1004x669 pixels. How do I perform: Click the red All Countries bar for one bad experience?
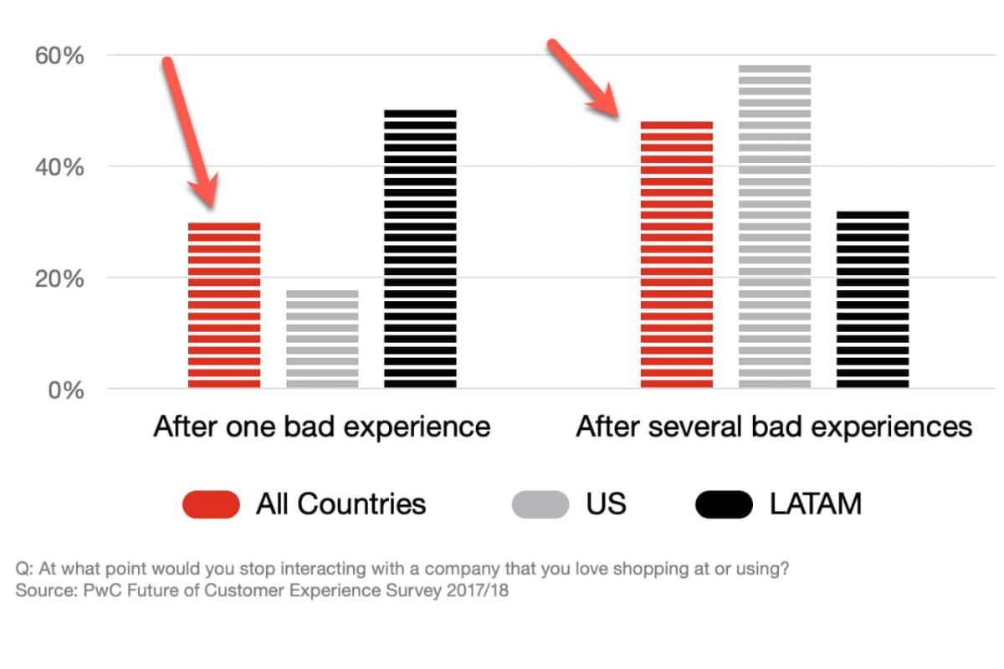pos(224,305)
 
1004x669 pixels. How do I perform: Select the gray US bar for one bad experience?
pos(322,339)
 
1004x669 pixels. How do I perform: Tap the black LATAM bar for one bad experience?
pos(420,248)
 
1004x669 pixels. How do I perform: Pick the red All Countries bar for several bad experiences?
pos(677,255)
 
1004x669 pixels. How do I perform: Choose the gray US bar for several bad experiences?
pos(775,226)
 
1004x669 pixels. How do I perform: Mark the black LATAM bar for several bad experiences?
pos(873,299)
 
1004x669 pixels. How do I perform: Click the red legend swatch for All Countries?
pos(211,504)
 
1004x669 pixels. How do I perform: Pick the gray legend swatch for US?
pos(540,504)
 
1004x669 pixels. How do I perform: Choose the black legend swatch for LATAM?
pos(724,504)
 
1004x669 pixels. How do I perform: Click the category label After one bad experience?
pos(321,427)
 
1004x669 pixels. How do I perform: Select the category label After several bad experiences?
pos(774,427)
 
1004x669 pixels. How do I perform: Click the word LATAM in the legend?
pos(816,504)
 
